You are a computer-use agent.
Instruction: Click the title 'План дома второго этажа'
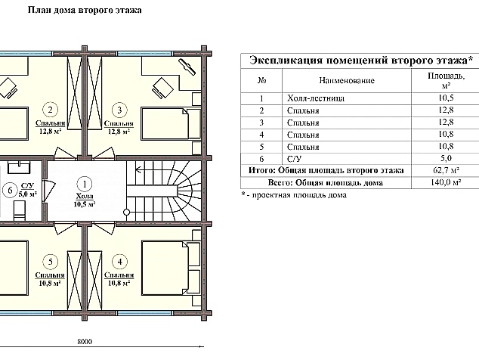[x=84, y=12]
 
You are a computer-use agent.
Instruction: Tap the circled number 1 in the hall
[x=85, y=183]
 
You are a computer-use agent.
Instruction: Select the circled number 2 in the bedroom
[x=51, y=108]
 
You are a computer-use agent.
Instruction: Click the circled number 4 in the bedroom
[x=119, y=262]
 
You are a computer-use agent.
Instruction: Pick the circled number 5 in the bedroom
[x=51, y=262]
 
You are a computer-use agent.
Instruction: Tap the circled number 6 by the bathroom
[x=10, y=189]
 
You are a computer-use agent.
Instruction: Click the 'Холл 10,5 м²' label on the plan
[x=85, y=200]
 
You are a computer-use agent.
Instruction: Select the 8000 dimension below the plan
[x=85, y=343]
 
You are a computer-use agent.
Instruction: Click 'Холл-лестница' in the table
[x=317, y=98]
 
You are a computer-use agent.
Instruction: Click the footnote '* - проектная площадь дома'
[x=294, y=195]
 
